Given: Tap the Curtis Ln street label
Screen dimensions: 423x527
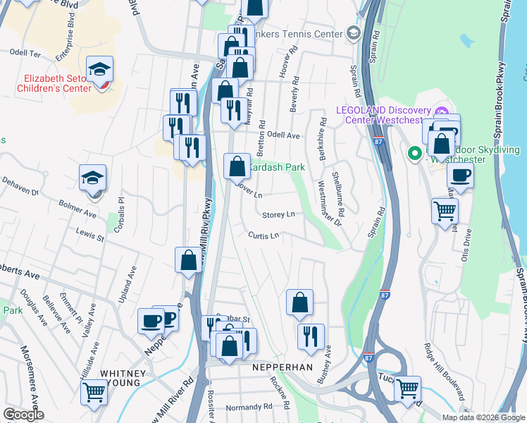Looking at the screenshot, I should point(262,235).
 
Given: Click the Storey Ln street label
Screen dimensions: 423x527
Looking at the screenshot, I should point(278,214).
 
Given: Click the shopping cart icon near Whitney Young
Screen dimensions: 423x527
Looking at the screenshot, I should point(94,391).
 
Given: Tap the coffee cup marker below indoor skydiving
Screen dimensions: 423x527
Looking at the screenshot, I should point(460,175).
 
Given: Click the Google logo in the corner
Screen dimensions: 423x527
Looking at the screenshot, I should point(23,415).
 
